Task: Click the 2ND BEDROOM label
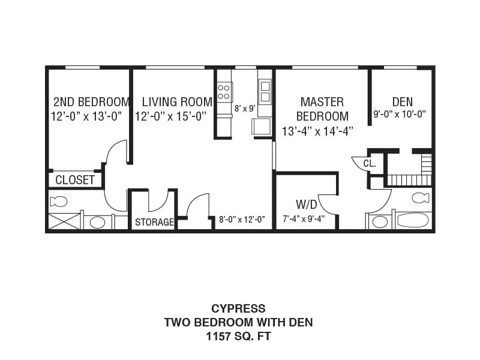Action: coord(91,101)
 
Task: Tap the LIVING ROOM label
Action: coord(177,101)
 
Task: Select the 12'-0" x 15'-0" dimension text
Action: coord(171,116)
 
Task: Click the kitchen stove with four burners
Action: coord(224,92)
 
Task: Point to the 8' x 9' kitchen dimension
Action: coord(245,109)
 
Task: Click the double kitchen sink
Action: coord(265,91)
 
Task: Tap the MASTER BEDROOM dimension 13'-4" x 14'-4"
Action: coord(317,131)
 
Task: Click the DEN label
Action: coord(402,101)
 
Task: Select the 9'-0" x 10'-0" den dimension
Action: coord(400,114)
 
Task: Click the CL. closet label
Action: coord(370,163)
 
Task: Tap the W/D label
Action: coord(306,205)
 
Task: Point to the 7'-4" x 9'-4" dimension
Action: coord(304,219)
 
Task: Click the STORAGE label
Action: coord(154,222)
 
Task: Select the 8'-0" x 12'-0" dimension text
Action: coord(242,220)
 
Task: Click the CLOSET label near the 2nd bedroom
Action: coord(75,180)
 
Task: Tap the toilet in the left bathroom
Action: coord(58,202)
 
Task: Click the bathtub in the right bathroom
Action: coord(412,220)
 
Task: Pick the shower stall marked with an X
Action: coord(65,221)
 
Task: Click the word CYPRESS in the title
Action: coord(238,308)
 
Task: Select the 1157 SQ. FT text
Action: coord(238,337)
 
